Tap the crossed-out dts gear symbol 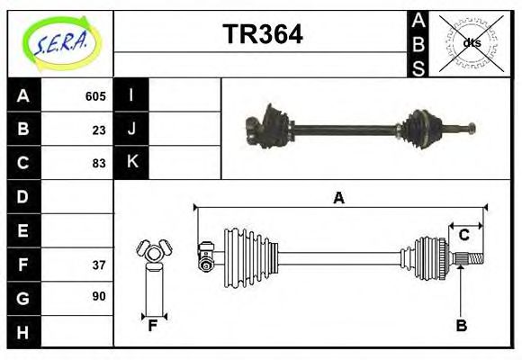pyautogui.click(x=472, y=42)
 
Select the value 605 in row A pyautogui.click(x=95, y=96)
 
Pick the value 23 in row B pyautogui.click(x=99, y=130)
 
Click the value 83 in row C pyautogui.click(x=99, y=163)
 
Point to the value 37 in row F pyautogui.click(x=99, y=264)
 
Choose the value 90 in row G pyautogui.click(x=99, y=296)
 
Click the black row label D pyautogui.click(x=23, y=196)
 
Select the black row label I pyautogui.click(x=131, y=96)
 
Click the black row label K pyautogui.click(x=131, y=163)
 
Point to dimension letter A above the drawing pyautogui.click(x=339, y=198)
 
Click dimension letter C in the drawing pyautogui.click(x=464, y=235)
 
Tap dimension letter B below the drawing pyautogui.click(x=461, y=326)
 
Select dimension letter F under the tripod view pyautogui.click(x=153, y=326)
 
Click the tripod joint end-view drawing pyautogui.click(x=152, y=253)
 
